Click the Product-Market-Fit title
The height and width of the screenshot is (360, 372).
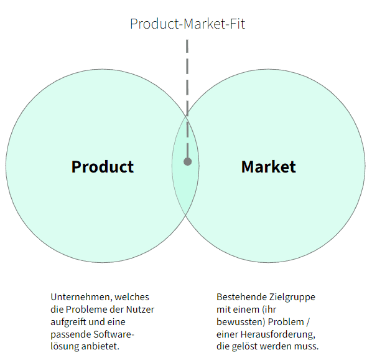point(187,24)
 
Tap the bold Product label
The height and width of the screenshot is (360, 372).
point(103,167)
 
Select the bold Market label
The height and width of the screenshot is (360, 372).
point(269,167)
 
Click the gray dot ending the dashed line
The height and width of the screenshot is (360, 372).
point(187,162)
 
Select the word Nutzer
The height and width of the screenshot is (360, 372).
point(140,310)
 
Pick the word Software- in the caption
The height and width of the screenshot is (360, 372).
point(114,334)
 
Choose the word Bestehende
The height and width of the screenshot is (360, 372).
point(241,297)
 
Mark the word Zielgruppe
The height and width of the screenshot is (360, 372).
point(292,298)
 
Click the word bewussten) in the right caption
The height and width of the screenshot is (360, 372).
point(241,322)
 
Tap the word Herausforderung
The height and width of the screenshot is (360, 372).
point(278,335)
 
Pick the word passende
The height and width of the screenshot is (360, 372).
point(70,335)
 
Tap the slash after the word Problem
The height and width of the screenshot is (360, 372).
point(308,322)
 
